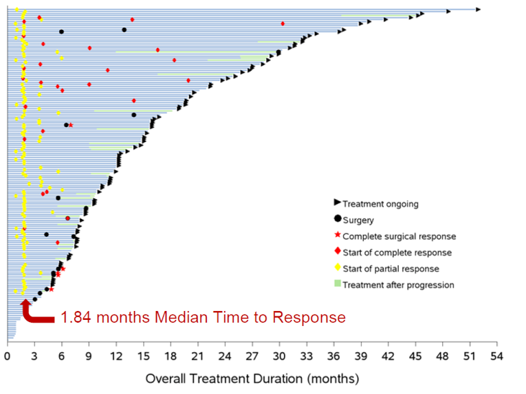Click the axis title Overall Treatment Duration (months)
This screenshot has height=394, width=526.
(252, 378)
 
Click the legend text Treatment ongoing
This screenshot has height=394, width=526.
(380, 204)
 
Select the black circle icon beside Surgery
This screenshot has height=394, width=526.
(337, 220)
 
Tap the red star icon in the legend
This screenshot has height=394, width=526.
(337, 236)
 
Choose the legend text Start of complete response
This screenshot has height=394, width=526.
(397, 253)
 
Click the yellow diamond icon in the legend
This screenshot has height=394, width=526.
(337, 268)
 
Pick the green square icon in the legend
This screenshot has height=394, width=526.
(337, 284)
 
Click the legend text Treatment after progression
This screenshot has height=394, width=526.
(398, 285)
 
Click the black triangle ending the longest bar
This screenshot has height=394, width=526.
(478, 9)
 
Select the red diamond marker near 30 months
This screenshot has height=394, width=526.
(283, 23)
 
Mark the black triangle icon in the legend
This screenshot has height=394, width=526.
(337, 203)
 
